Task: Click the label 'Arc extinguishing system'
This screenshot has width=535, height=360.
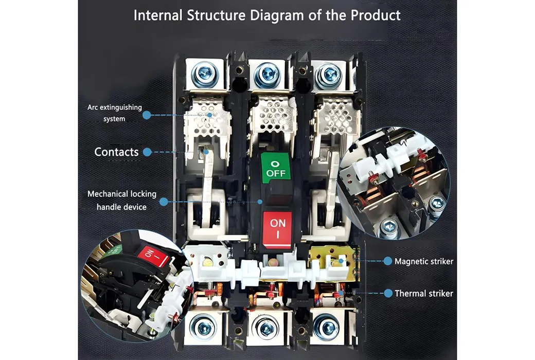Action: tap(114, 113)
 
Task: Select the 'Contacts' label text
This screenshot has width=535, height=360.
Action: tap(116, 152)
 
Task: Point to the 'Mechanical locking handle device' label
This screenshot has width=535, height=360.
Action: tap(121, 201)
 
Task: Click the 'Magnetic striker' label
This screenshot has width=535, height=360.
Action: tap(423, 261)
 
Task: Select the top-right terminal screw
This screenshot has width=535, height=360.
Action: tap(328, 74)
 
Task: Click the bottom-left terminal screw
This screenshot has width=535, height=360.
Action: tap(203, 326)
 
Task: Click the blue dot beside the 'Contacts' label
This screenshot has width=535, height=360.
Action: tap(147, 152)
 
